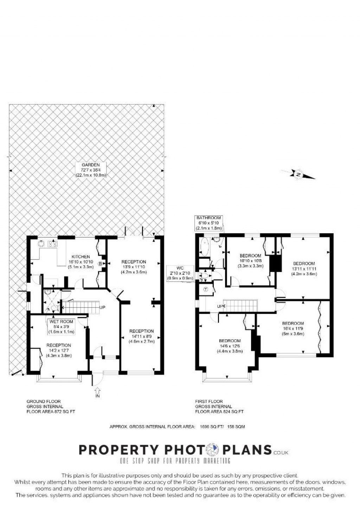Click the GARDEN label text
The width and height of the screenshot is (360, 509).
click(91, 165)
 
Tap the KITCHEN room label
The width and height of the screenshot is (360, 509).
click(81, 257)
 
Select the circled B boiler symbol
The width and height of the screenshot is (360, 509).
click(100, 264)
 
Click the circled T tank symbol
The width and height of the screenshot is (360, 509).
click(206, 289)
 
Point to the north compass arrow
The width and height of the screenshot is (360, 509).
click(298, 175)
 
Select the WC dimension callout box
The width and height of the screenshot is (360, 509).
click(180, 273)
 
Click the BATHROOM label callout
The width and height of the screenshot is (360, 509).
click(208, 223)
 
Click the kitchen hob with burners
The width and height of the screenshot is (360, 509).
click(52, 244)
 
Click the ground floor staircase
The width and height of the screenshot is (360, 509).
click(81, 307)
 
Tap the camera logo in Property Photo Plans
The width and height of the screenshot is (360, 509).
click(212, 450)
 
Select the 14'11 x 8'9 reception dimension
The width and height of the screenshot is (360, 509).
click(141, 336)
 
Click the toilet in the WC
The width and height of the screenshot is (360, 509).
click(205, 276)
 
